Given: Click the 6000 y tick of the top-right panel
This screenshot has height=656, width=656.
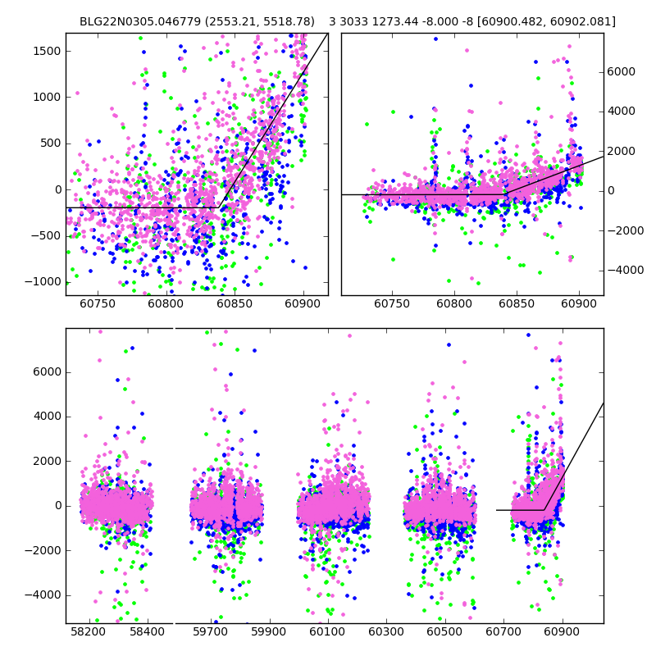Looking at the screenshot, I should coord(621,72).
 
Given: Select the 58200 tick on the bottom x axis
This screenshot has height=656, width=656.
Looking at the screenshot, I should coord(88,633).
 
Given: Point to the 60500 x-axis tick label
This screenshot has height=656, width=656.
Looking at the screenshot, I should coord(444,633).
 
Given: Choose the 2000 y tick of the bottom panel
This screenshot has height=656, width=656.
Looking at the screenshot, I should coord(47,461).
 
